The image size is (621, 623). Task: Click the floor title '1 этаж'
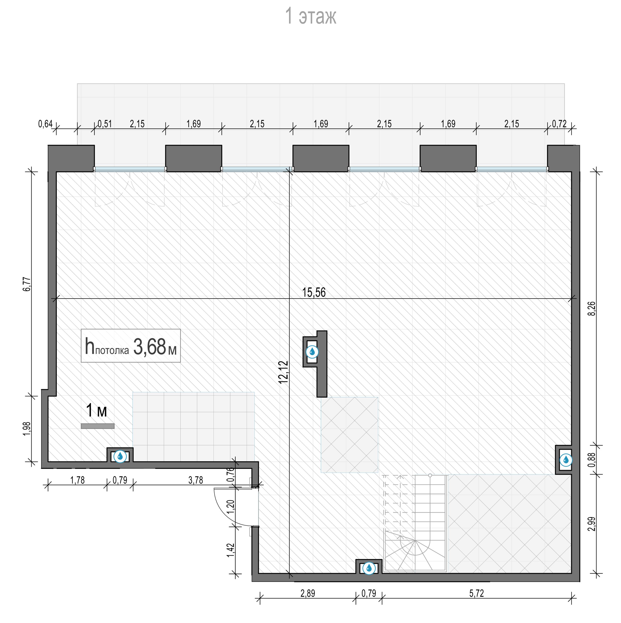[x=311, y=16]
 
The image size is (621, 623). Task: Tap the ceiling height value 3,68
[x=149, y=347]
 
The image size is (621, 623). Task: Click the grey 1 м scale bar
[x=98, y=426]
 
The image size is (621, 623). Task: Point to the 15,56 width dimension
[x=314, y=292]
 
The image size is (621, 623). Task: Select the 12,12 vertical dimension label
[x=283, y=372]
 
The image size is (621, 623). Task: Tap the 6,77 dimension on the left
[x=27, y=284]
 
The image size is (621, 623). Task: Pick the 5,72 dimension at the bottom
[x=476, y=593]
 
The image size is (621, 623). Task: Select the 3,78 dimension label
[x=196, y=480]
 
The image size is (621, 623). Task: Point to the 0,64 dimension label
[x=45, y=124]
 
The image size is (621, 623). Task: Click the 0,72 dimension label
[x=559, y=124]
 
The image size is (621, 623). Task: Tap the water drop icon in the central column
[x=312, y=352]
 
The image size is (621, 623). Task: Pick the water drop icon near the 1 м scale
[x=120, y=456]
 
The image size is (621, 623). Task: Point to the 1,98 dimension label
[x=27, y=429]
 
